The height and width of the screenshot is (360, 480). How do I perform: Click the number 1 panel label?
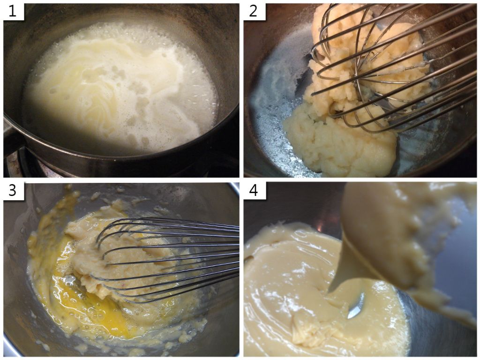click(x=13, y=12)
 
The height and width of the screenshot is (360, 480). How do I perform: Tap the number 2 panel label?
click(x=254, y=12)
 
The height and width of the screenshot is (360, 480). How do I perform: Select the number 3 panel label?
click(x=13, y=190)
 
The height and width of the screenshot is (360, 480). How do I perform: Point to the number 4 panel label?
click(x=254, y=190)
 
